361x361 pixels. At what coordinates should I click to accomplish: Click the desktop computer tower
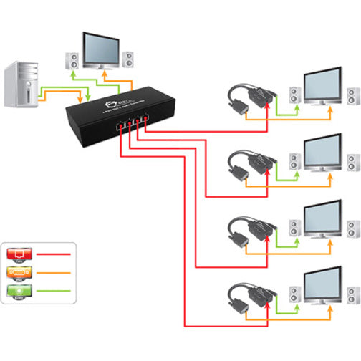(20, 85)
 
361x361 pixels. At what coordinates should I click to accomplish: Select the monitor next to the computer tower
(100, 49)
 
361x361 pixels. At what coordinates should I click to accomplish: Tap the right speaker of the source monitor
(128, 58)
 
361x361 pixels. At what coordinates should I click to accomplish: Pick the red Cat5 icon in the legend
(18, 254)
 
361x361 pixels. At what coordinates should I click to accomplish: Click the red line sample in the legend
(54, 254)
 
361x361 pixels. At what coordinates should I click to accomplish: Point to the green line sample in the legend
(54, 292)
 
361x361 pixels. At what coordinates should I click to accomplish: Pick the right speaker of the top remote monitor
(351, 96)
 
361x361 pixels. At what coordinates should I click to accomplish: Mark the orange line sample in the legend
(54, 273)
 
